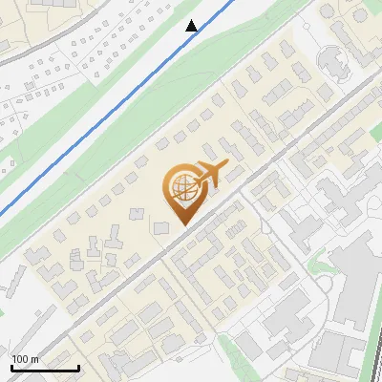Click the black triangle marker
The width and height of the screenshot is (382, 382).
click(x=193, y=26)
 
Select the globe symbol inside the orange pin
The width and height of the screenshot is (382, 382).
click(x=181, y=188)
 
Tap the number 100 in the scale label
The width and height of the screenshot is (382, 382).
click(x=21, y=359)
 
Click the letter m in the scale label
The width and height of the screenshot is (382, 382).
click(x=34, y=359)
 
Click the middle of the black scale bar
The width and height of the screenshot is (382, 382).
click(x=44, y=368)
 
